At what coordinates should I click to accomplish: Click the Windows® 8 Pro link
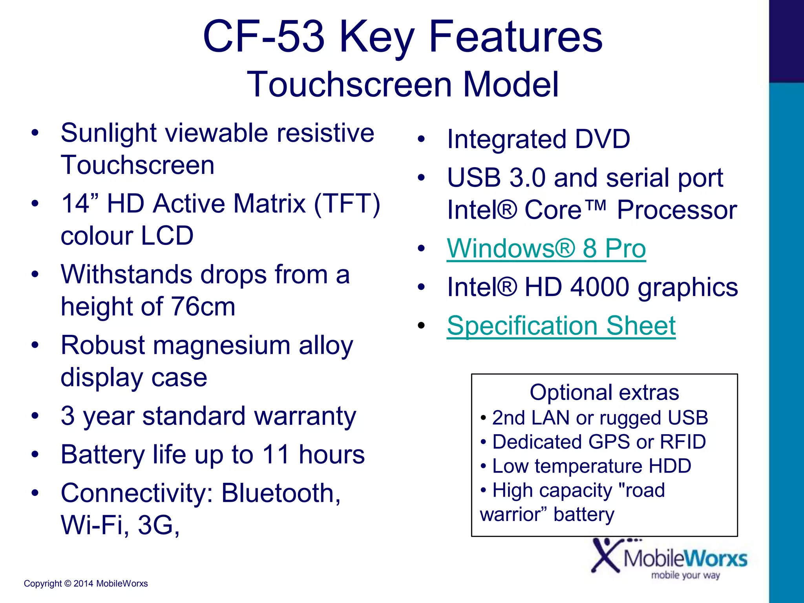[546, 249]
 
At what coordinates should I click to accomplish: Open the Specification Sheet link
[561, 326]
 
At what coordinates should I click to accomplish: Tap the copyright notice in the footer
[86, 583]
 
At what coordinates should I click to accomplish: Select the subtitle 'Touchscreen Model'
[402, 84]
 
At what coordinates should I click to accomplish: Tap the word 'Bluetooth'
[281, 493]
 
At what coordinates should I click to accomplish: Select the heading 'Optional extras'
[604, 392]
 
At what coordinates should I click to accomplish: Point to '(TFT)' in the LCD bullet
[347, 204]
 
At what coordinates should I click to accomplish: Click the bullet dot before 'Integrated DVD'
[421, 139]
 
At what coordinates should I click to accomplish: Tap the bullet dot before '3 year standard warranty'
[35, 416]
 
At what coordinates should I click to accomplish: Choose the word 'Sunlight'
[109, 133]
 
